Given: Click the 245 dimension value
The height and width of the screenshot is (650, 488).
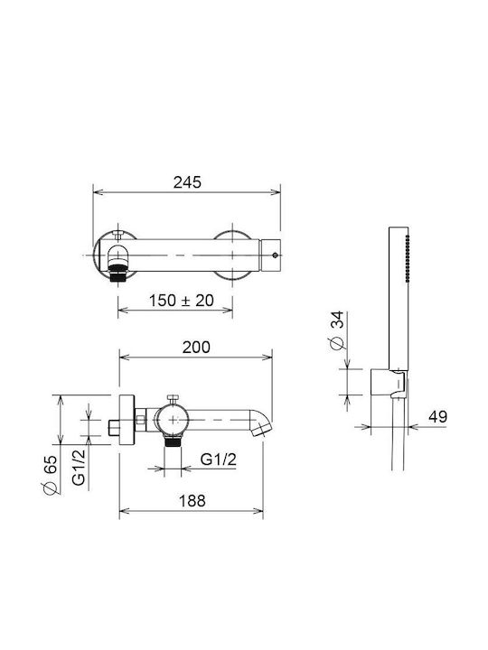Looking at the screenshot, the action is coord(187,182).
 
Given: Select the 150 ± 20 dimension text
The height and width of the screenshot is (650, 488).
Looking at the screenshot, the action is coord(182,301).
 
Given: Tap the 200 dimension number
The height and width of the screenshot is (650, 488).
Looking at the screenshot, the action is coord(196,348).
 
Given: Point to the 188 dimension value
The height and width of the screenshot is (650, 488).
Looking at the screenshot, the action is coord(192,501).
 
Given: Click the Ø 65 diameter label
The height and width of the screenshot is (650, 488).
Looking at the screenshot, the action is coord(51,475).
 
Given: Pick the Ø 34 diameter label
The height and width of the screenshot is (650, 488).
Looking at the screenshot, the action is coord(337,330).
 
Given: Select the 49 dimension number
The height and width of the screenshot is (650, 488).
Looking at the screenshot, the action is coord(437,416).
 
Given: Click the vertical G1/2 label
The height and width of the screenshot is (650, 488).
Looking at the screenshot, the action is coord(79,468).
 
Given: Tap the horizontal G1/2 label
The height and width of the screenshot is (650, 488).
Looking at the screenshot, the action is coord(219,460).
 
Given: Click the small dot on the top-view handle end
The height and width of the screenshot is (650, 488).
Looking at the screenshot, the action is coord(275,255).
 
